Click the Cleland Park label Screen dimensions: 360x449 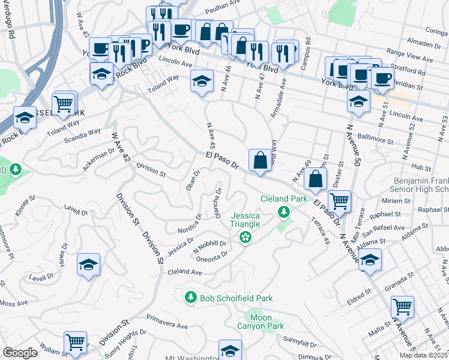coord(283,199)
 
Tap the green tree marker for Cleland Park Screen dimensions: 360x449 coord(283,212)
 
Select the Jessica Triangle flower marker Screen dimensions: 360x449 coord(245,238)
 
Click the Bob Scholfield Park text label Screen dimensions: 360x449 coord(237,298)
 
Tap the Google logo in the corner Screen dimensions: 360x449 coord(20,353)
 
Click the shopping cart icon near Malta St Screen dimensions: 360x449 coord(402,307)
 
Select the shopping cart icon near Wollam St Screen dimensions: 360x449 coord(76,342)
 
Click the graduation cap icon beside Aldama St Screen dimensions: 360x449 coord(370,259)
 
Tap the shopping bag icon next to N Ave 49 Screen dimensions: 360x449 coord(315,178)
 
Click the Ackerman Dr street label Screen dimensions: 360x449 coord(98,158)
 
